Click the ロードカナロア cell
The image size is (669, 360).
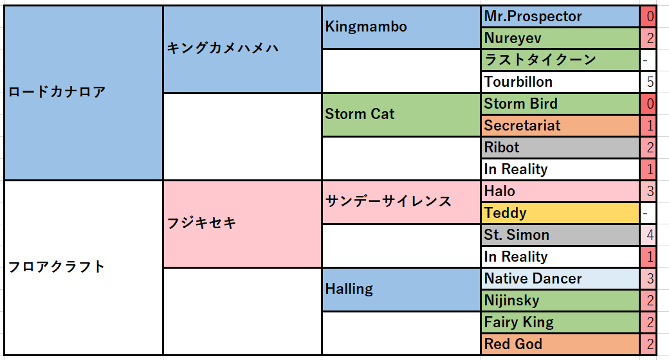pyautogui.click(x=84, y=93)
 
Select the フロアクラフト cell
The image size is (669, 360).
pyautogui.click(x=84, y=267)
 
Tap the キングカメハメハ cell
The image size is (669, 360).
pyautogui.click(x=243, y=49)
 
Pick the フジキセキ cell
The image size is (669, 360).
pyautogui.click(x=243, y=224)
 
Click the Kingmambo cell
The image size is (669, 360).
pyautogui.click(x=401, y=27)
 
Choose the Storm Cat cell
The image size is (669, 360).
pyautogui.click(x=401, y=114)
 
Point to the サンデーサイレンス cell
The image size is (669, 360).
pyautogui.click(x=401, y=202)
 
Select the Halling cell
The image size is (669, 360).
pyautogui.click(x=401, y=289)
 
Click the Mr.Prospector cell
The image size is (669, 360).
pyautogui.click(x=560, y=17)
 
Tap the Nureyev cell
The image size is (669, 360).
pyautogui.click(x=560, y=39)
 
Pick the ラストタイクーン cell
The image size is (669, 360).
pyautogui.click(x=560, y=60)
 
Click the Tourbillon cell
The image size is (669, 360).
pyautogui.click(x=560, y=82)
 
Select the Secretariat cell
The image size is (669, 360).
pyautogui.click(x=560, y=125)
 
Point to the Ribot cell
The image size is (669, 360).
pyautogui.click(x=560, y=148)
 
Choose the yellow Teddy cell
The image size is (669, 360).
pyautogui.click(x=560, y=213)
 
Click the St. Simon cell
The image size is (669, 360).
pyautogui.click(x=560, y=235)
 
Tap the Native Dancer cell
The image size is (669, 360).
pyautogui.click(x=560, y=278)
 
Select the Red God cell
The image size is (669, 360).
pyautogui.click(x=560, y=344)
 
